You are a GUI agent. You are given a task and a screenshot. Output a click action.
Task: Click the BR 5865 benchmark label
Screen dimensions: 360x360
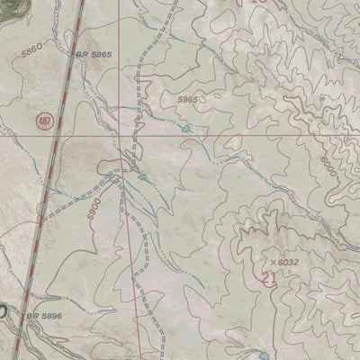point(92,55)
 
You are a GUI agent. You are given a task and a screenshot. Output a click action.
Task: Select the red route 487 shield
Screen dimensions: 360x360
point(45,120)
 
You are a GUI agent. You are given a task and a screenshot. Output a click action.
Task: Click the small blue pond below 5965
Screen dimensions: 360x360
point(186,129)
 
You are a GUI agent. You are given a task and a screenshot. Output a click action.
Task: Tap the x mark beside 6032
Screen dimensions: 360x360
point(272,262)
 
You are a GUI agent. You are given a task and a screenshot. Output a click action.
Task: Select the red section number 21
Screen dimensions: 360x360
point(267,278)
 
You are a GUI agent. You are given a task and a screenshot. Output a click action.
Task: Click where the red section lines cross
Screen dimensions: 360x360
point(125,138)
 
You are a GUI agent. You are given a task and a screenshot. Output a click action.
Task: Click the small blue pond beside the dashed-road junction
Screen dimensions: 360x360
point(142,177)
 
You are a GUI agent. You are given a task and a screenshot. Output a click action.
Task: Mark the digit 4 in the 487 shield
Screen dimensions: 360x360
point(40,120)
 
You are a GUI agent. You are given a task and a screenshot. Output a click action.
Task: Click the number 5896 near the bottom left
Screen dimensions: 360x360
point(50,317)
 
